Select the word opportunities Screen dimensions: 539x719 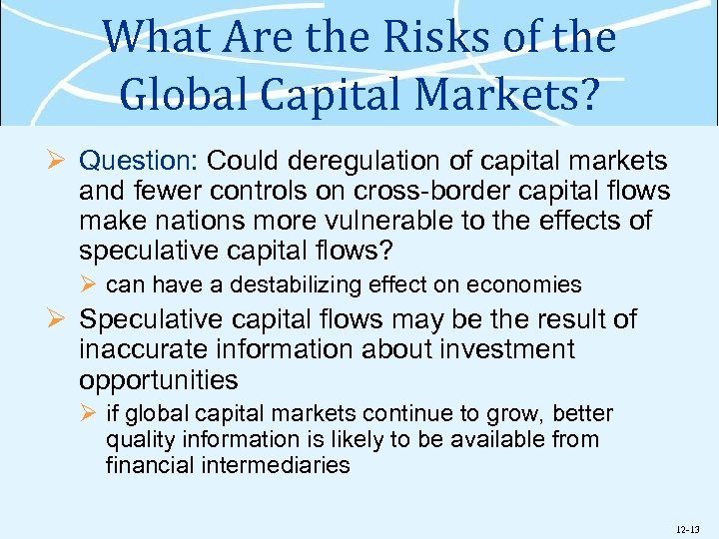159,380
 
